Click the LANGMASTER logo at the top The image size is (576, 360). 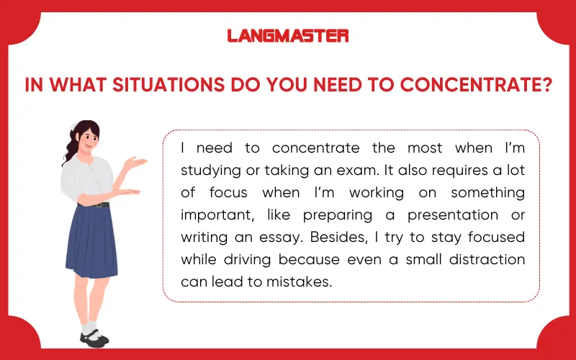(x=288, y=35)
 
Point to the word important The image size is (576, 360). (x=212, y=215)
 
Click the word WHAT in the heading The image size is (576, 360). (x=72, y=85)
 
